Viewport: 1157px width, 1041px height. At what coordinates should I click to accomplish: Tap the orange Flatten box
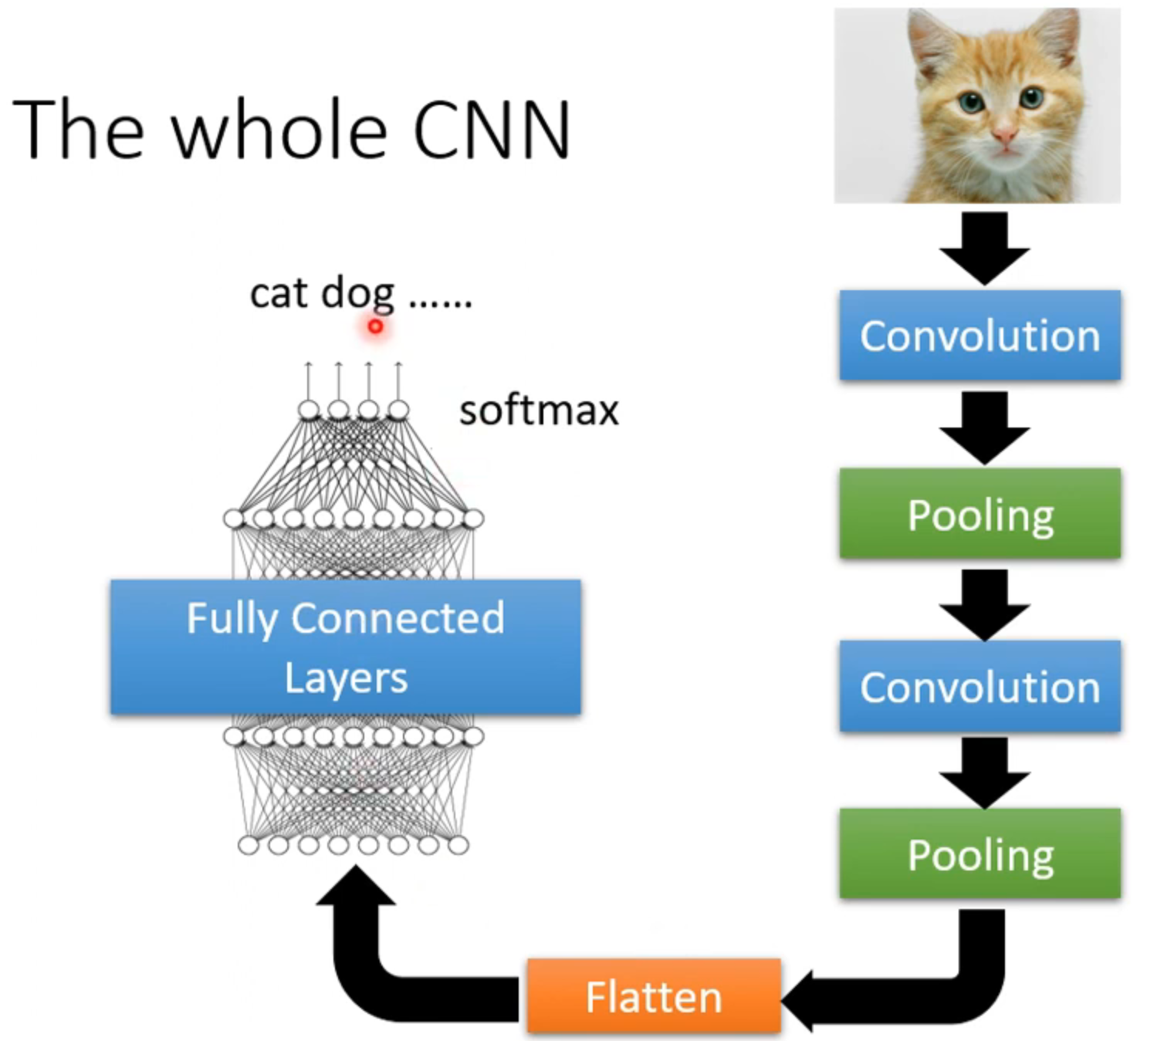[654, 996]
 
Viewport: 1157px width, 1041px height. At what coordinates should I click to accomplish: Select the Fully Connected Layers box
[346, 647]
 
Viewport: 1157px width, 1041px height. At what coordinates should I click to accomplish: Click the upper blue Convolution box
[980, 336]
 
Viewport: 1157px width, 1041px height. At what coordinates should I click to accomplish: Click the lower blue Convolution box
[980, 687]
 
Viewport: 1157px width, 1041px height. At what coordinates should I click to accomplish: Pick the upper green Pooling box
[980, 514]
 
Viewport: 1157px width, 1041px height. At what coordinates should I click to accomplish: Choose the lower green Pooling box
[980, 853]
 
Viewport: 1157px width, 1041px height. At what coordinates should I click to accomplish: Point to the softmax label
[539, 411]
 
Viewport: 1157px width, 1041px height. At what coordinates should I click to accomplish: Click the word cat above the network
[278, 293]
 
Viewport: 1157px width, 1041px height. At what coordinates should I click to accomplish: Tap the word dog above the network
[357, 295]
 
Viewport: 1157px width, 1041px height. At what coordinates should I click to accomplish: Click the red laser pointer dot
[375, 326]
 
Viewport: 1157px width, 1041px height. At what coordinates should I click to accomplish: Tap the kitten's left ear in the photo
[932, 42]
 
